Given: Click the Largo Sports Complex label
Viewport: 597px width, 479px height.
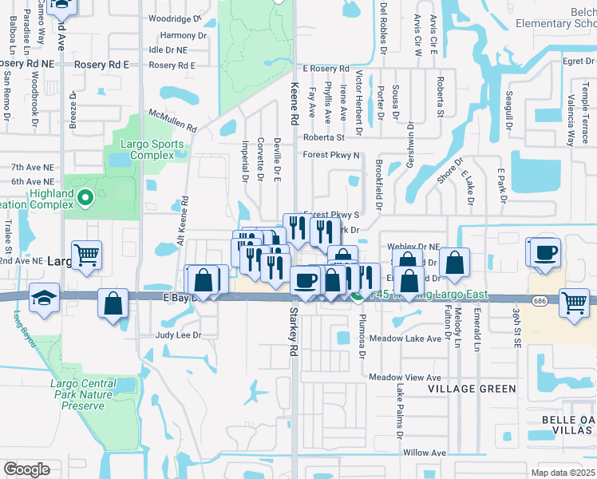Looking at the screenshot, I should click(x=152, y=149).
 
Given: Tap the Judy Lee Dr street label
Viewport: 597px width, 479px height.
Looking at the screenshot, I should click(x=179, y=335).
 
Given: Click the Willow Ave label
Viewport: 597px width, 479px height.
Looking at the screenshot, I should click(x=424, y=453).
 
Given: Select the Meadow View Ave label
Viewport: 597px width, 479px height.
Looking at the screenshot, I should click(x=405, y=377).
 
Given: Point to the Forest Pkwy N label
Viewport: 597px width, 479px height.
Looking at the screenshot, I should click(x=331, y=156).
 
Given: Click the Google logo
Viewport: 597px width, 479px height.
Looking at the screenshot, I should click(x=26, y=469).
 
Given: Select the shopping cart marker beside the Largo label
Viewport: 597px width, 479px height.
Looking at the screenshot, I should click(x=87, y=255).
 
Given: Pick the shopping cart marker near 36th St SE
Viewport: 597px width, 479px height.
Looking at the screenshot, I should click(x=575, y=303).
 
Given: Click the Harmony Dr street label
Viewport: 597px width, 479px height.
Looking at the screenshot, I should click(x=177, y=35).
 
